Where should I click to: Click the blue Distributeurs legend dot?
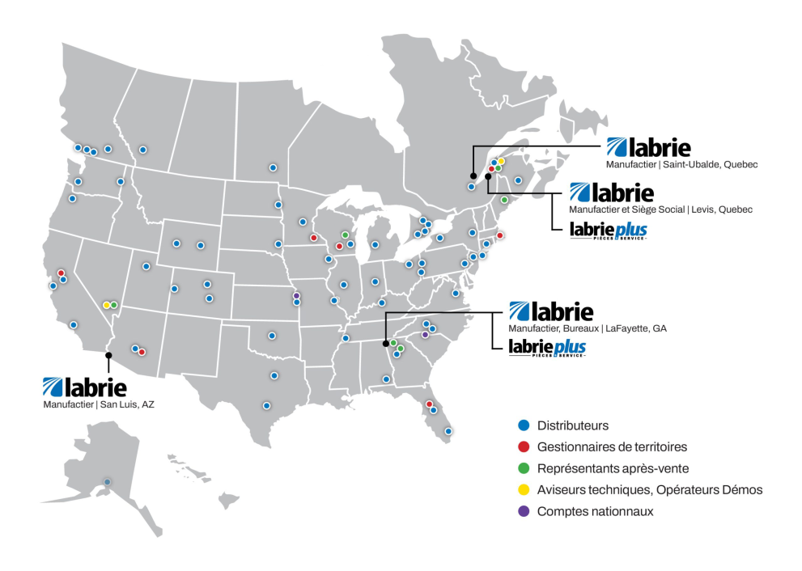tap(524, 425)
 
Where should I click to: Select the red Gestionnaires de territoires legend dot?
tap(524, 446)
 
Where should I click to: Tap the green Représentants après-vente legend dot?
tap(524, 468)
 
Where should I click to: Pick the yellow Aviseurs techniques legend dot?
tap(524, 490)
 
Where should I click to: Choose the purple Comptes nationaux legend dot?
tap(524, 511)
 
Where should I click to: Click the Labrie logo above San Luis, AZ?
tap(84, 387)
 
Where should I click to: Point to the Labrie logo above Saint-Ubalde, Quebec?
tap(648, 148)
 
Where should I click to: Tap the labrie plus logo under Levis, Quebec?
tap(609, 231)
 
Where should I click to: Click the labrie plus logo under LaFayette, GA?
tap(547, 349)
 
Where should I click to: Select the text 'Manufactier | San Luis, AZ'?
tap(98, 404)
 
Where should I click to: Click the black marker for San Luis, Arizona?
tap(108, 354)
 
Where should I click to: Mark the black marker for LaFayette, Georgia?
tap(385, 344)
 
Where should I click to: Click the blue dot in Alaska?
tap(107, 482)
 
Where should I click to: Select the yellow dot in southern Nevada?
tap(106, 305)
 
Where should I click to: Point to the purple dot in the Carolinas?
tap(425, 334)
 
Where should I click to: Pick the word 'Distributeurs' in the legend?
tap(572, 425)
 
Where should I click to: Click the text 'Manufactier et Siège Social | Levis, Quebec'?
tap(661, 210)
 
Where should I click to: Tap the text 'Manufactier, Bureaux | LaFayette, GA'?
tap(588, 328)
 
